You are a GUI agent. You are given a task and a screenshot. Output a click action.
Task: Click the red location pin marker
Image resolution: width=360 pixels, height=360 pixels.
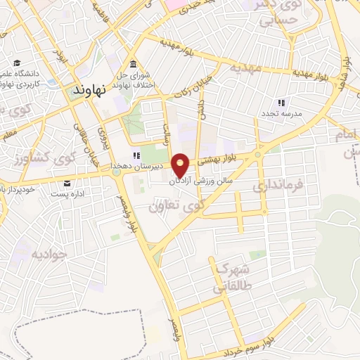coord(181,165)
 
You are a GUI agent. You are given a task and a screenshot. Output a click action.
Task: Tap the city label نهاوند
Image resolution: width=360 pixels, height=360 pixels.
coord(89,91)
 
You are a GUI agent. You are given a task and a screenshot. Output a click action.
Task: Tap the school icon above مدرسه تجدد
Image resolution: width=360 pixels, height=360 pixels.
coord(282,103)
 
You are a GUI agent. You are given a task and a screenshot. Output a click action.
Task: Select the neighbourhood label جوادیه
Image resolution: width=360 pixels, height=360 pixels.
coord(48,252)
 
